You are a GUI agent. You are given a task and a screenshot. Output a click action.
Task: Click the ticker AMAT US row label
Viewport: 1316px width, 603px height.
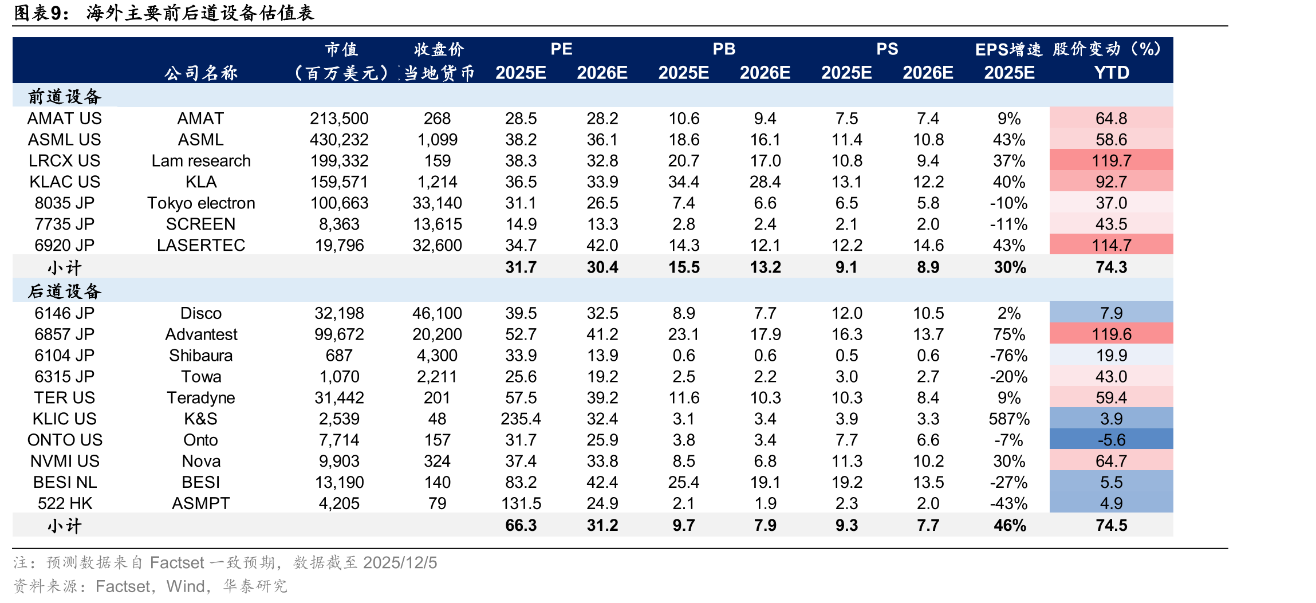click(x=64, y=119)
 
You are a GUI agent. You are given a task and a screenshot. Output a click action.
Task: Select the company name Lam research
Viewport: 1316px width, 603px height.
click(x=201, y=161)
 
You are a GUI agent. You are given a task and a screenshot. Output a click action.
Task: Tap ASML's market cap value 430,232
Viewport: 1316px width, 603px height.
click(x=339, y=140)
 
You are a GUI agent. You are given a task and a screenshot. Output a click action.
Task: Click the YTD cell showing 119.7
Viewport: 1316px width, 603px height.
click(x=1111, y=161)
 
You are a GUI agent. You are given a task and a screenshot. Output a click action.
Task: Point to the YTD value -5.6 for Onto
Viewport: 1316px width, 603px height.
click(x=1111, y=440)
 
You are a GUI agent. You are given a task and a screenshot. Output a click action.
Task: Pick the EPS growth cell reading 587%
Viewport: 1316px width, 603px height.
click(x=1009, y=419)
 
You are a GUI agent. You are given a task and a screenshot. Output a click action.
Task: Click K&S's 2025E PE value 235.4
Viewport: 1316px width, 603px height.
click(x=521, y=419)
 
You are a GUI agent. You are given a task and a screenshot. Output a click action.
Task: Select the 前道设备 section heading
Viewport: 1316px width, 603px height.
click(x=65, y=96)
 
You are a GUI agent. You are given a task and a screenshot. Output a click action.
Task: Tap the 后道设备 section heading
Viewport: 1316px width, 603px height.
click(x=65, y=291)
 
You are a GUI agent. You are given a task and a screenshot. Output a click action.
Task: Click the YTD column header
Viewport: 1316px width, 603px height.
click(x=1112, y=73)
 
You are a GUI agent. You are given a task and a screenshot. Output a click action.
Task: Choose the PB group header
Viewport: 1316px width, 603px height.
click(x=724, y=49)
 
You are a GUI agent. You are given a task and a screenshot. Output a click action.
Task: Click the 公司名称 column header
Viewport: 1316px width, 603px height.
click(x=201, y=73)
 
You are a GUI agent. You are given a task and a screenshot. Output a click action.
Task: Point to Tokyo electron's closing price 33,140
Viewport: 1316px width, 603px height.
click(x=437, y=203)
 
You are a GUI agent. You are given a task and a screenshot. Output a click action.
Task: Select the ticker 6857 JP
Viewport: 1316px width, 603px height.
click(x=64, y=334)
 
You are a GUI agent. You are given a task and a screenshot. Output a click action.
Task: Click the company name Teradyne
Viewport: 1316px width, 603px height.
click(x=201, y=398)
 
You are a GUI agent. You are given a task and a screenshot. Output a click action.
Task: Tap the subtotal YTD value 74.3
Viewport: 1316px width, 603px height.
click(x=1111, y=267)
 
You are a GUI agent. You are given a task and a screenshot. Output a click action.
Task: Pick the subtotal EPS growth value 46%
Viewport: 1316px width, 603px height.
click(x=1010, y=526)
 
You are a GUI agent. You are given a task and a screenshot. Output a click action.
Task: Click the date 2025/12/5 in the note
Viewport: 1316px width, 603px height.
click(x=400, y=563)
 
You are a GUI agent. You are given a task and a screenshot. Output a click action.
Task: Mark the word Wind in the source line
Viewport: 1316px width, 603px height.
click(x=185, y=586)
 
